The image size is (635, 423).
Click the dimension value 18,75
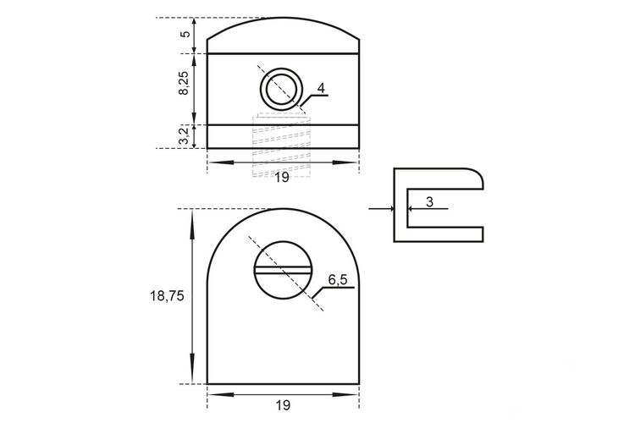pyautogui.click(x=167, y=296)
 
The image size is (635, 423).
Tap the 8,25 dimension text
pyautogui.click(x=184, y=84)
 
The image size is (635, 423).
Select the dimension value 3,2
pyautogui.click(x=184, y=135)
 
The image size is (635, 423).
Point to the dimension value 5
pyautogui.click(x=185, y=34)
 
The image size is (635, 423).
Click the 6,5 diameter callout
pyautogui.click(x=337, y=280)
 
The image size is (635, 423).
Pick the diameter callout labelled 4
pyautogui.click(x=321, y=88)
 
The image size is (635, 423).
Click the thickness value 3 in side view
pyautogui.click(x=429, y=201)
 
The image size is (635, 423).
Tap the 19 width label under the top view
pyautogui.click(x=282, y=177)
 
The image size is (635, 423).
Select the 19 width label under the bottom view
pyautogui.click(x=283, y=404)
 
